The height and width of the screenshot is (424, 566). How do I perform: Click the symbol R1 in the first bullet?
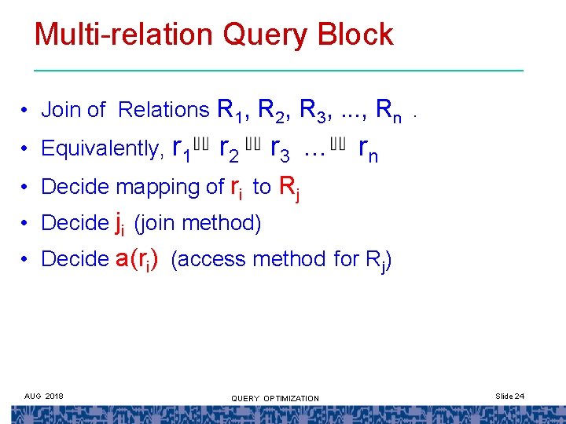tap(229, 111)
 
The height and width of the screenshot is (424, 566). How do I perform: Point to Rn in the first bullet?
tap(389, 111)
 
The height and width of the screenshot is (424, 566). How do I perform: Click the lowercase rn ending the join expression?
tap(368, 148)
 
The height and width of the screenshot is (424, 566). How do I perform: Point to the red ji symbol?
tap(119, 224)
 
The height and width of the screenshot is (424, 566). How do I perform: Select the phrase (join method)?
tap(197, 223)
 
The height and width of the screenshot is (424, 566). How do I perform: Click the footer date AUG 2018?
tap(45, 395)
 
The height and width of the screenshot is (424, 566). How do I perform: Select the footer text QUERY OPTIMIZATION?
tap(275, 398)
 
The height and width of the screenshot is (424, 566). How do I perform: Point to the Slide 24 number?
tap(509, 396)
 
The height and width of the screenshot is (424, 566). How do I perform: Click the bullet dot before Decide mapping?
tap(26, 187)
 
